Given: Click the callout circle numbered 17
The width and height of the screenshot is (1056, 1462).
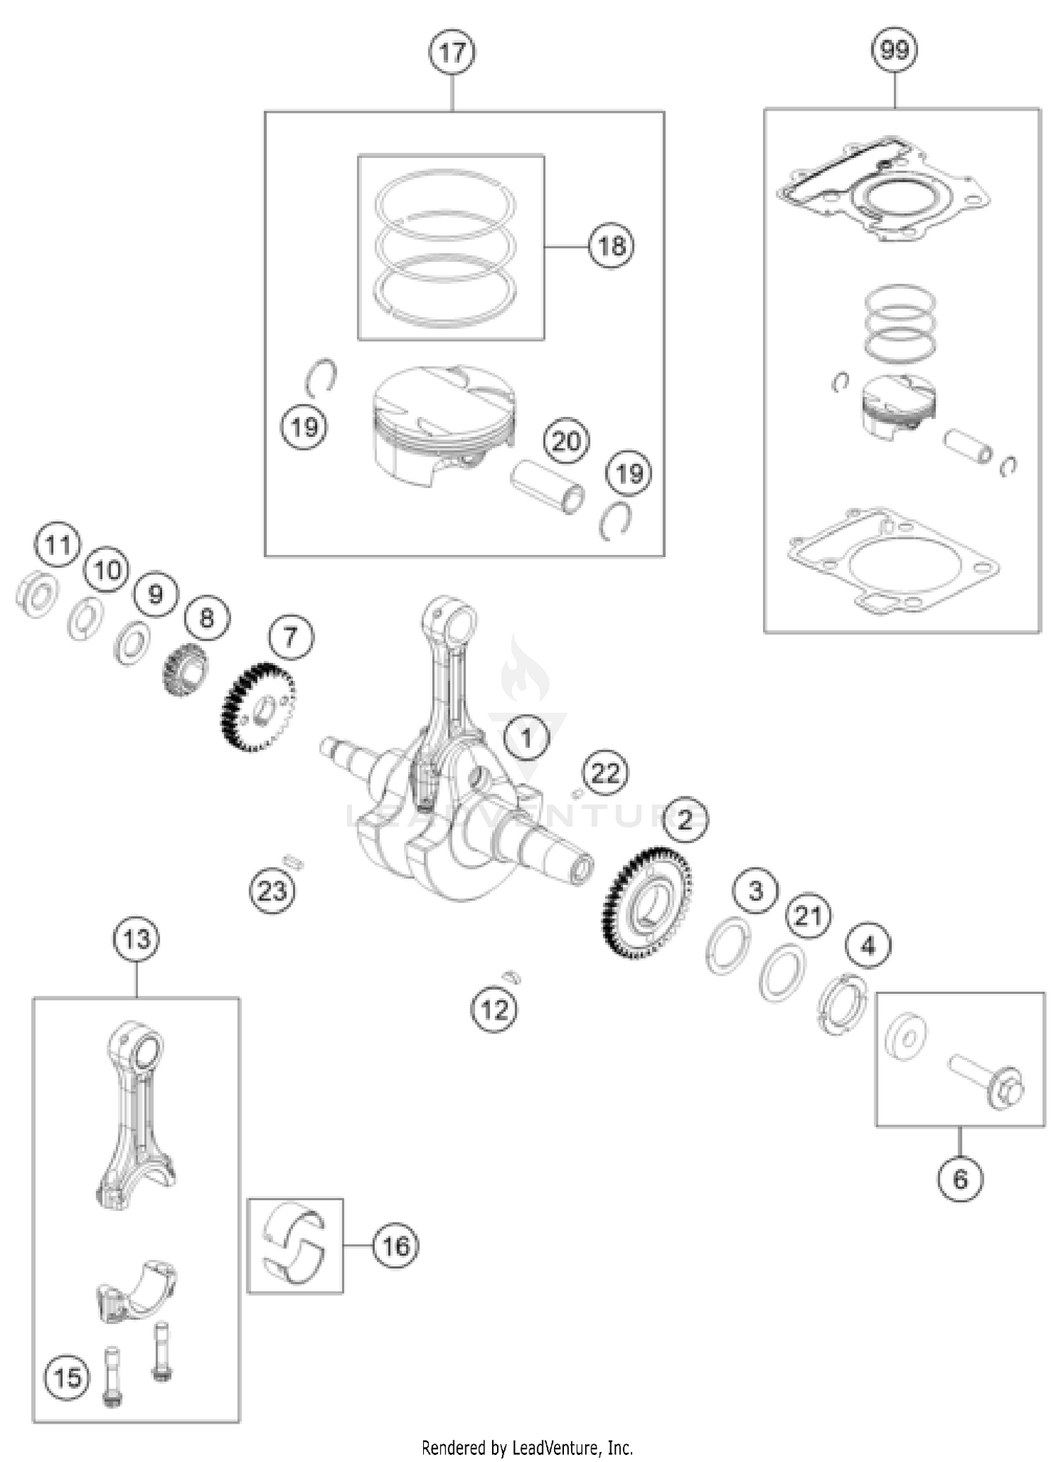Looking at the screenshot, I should (452, 52).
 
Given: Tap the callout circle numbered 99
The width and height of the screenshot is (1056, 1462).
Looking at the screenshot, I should (894, 50).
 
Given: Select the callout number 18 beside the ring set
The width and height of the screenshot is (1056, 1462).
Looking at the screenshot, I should (611, 246).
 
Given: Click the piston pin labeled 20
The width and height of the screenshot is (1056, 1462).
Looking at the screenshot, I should (548, 486).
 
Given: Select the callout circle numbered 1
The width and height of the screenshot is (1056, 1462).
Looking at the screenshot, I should (527, 738).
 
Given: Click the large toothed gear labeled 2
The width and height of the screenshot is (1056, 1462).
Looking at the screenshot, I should (646, 904).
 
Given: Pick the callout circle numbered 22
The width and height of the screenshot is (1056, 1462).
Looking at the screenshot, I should (605, 773).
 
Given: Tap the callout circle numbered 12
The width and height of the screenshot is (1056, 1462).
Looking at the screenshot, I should (494, 1010).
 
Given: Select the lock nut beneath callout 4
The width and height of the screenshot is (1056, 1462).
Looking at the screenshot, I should (843, 1004).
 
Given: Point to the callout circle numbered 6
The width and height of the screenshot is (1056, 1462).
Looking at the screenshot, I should (960, 1179).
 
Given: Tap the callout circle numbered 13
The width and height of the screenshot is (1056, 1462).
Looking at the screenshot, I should (136, 939).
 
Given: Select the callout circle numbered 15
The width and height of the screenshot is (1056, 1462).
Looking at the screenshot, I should (68, 1378).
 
